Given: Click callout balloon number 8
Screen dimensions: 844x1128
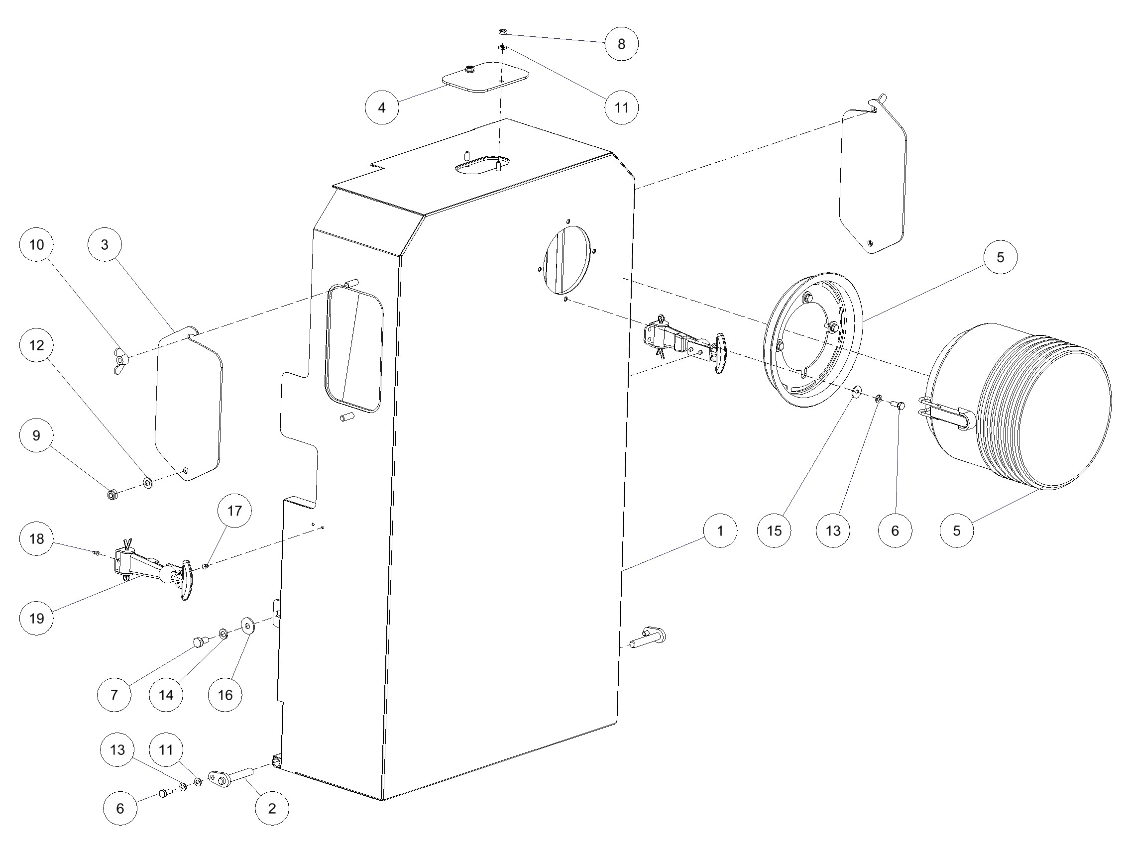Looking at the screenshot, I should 621,44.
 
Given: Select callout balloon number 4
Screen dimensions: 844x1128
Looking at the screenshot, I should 382,107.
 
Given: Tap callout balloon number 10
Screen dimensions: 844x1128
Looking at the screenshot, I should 37,245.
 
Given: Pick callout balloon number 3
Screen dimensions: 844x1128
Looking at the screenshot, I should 105,245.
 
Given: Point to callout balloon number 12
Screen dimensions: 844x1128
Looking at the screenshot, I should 37,345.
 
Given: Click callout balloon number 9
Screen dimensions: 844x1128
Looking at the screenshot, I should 37,436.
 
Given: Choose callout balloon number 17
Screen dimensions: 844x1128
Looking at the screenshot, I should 234,511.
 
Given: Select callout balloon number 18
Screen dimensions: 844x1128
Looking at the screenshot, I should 37,539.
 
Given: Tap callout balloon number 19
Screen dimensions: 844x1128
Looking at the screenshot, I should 37,618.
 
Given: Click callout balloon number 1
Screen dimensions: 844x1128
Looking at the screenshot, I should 720,530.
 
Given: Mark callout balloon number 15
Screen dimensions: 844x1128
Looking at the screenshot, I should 774,530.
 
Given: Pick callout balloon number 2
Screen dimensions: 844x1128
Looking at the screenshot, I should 272,808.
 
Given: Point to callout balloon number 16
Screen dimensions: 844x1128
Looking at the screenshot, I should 226,695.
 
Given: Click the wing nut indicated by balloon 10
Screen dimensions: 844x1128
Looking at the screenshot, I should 120,361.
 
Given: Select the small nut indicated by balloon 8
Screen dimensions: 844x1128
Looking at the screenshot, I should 502,31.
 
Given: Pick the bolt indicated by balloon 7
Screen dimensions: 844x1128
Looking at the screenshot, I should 199,642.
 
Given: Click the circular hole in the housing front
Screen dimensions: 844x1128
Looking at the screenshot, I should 567,260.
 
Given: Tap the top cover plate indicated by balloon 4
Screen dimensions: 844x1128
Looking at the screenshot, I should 484,77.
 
